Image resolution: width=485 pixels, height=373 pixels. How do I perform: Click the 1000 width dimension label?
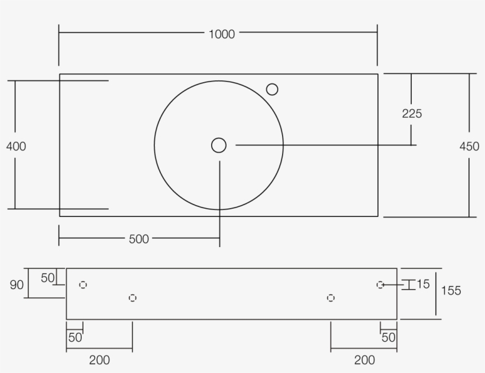click(x=222, y=34)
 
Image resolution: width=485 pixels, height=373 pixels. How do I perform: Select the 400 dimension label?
click(x=16, y=146)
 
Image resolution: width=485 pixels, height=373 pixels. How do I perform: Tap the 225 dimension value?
click(x=412, y=113)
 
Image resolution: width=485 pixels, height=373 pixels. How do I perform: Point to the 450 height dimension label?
click(x=469, y=147)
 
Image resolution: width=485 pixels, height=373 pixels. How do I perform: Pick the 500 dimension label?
click(x=139, y=239)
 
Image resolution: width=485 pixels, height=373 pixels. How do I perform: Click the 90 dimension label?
click(x=17, y=285)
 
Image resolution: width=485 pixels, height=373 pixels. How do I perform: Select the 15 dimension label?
click(x=423, y=284)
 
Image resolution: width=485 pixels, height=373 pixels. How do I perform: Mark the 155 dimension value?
click(x=451, y=290)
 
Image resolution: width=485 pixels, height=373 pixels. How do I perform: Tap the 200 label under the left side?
click(x=99, y=359)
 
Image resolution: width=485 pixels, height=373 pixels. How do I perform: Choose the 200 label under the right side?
click(x=364, y=359)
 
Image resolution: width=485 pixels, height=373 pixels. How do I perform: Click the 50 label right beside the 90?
click(x=48, y=277)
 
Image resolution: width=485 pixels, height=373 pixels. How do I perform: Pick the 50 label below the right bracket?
click(x=389, y=338)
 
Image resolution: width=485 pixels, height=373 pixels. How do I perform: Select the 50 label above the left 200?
click(x=75, y=338)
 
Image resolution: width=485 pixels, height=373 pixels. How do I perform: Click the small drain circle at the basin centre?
click(x=219, y=145)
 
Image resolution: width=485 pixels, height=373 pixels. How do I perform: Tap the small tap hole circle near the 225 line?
click(x=272, y=89)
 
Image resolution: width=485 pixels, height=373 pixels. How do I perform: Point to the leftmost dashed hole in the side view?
click(x=83, y=285)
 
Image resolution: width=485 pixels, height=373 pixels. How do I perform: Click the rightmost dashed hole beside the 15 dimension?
click(x=380, y=285)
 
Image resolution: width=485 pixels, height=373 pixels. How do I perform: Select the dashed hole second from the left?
click(x=132, y=298)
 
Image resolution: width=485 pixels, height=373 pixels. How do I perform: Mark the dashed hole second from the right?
click(x=331, y=298)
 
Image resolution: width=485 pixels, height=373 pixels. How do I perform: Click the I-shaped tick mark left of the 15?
click(x=407, y=285)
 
